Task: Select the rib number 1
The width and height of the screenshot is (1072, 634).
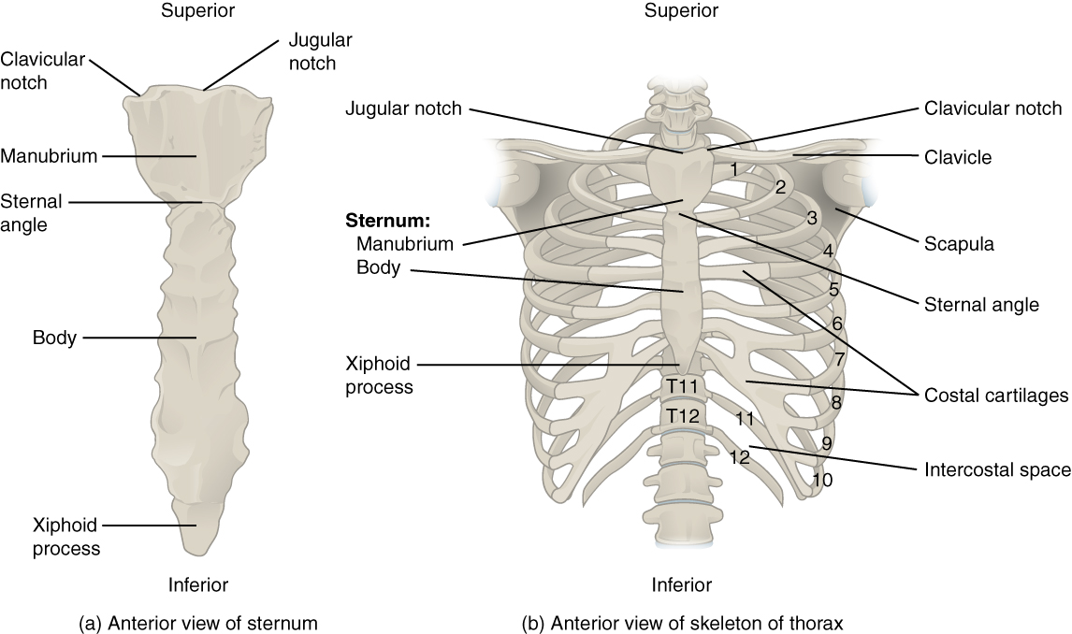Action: pyautogui.click(x=735, y=169)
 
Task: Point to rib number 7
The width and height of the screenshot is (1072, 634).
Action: pyautogui.click(x=840, y=358)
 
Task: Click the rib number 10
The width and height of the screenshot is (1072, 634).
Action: pyautogui.click(x=822, y=480)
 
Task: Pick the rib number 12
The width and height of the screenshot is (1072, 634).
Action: pyautogui.click(x=740, y=457)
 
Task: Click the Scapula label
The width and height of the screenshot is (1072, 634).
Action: pyautogui.click(x=959, y=244)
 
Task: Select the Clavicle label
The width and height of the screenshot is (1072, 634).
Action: pyautogui.click(x=958, y=158)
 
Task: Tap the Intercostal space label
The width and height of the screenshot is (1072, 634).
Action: pyautogui.click(x=997, y=469)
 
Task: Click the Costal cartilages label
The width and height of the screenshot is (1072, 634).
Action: pyautogui.click(x=996, y=396)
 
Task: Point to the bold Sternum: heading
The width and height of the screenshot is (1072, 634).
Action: pyautogui.click(x=387, y=222)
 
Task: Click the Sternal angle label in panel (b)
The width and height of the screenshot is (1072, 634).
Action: pyautogui.click(x=981, y=304)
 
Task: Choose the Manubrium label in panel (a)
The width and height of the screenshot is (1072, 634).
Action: pyautogui.click(x=49, y=155)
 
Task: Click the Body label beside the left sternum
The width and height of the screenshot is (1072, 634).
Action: pyautogui.click(x=54, y=337)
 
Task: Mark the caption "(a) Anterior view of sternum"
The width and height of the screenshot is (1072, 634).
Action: pyautogui.click(x=198, y=622)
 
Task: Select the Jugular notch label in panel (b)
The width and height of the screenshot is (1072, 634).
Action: pyautogui.click(x=403, y=108)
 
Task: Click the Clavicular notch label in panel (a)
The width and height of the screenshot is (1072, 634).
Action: pyautogui.click(x=43, y=71)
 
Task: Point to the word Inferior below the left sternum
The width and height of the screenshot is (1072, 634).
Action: pyautogui.click(x=198, y=585)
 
